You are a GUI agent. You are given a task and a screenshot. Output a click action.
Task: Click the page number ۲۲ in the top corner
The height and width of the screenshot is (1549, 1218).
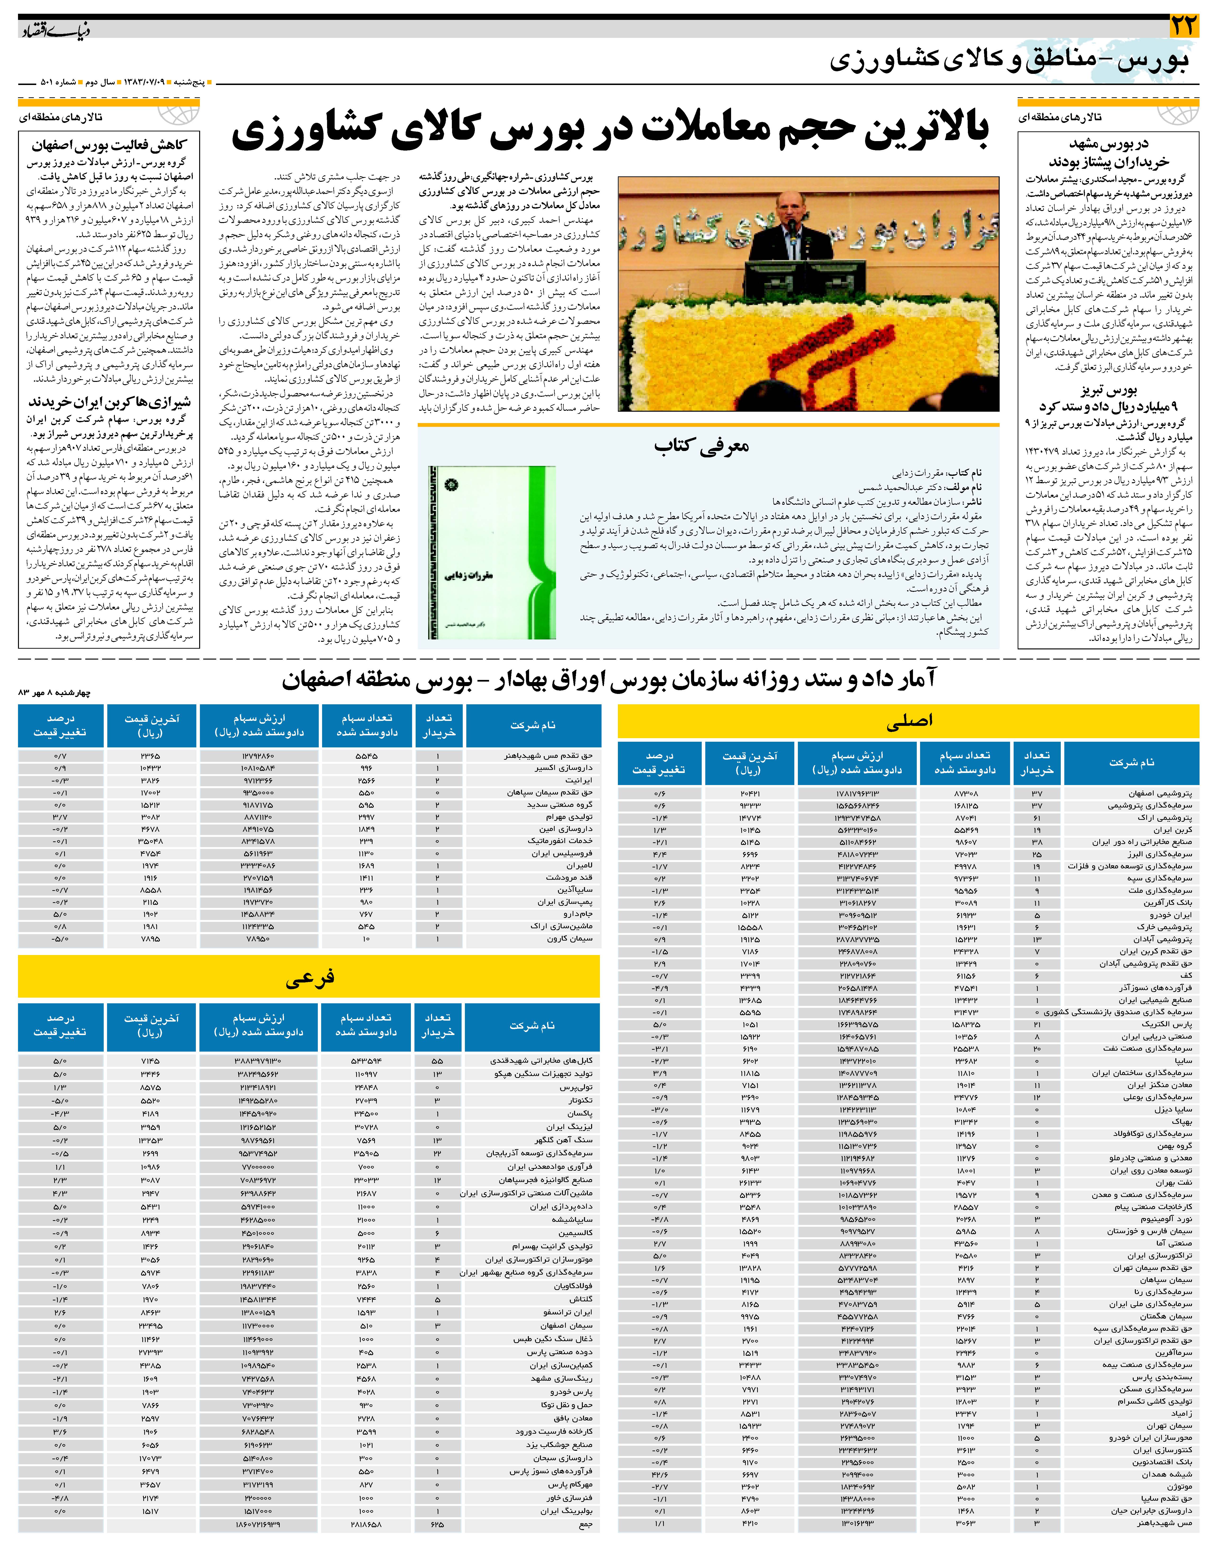pyautogui.click(x=1185, y=27)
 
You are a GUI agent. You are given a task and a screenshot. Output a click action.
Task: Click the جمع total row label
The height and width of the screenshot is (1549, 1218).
pyautogui.click(x=585, y=1525)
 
